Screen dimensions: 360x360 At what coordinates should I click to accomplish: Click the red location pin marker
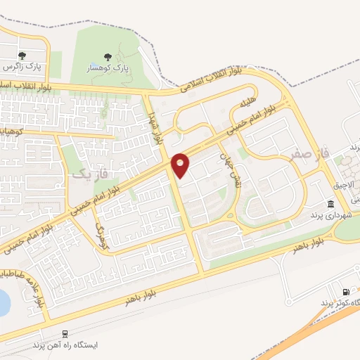click(181, 164)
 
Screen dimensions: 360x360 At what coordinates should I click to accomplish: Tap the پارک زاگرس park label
click(20, 67)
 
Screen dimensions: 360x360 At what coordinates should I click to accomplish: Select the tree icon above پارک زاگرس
click(22, 56)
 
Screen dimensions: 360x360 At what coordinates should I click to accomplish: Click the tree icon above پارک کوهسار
click(108, 57)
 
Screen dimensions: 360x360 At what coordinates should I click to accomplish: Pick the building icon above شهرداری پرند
click(330, 202)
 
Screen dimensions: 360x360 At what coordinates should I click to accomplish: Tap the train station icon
click(65, 334)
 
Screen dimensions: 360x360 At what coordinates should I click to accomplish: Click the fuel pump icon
click(345, 292)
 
